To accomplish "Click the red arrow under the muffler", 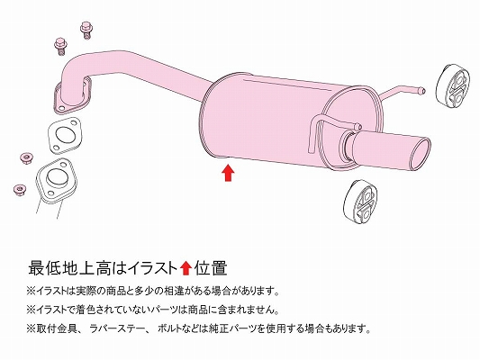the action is tap(228, 173).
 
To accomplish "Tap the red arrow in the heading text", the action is tap(186, 268).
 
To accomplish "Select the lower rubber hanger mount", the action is tap(360, 202).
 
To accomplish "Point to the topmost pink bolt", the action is tap(86, 30).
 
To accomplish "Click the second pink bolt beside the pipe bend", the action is tap(60, 47).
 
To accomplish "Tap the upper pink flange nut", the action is tap(27, 158).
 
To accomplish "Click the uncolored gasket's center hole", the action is tap(65, 135).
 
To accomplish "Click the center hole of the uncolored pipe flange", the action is tap(56, 177).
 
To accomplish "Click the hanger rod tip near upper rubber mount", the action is tap(421, 91).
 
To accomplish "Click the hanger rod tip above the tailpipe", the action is tap(358, 126).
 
